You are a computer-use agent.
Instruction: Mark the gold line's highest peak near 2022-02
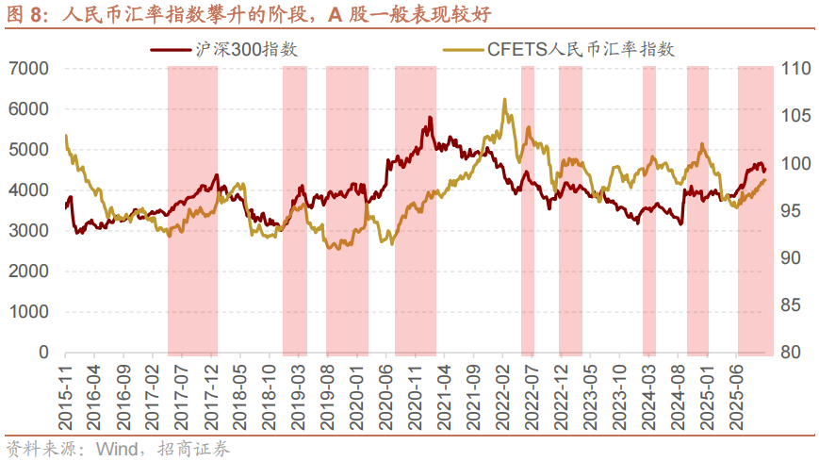[505, 98]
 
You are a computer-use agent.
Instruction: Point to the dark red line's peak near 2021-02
[430, 118]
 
